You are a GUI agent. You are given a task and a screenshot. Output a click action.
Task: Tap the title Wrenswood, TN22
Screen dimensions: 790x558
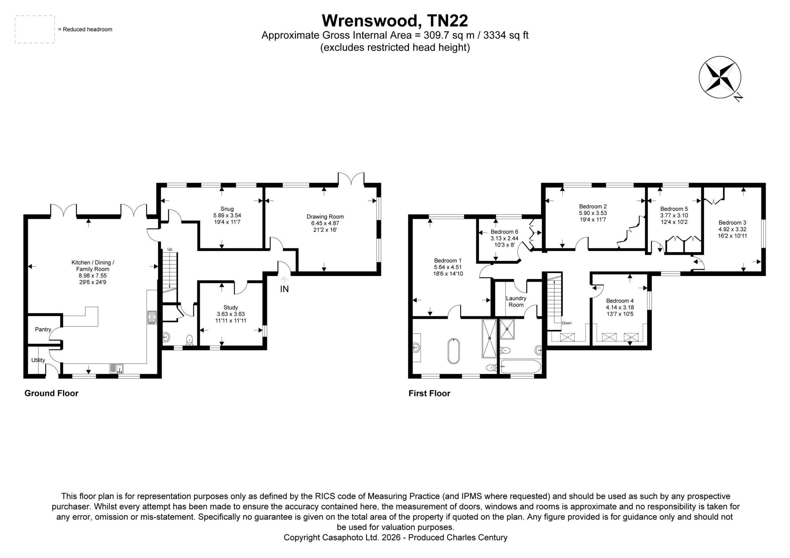395,21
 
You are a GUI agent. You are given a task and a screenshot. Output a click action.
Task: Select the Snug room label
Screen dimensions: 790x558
227,209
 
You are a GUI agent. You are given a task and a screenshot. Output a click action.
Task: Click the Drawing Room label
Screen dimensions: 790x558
325,217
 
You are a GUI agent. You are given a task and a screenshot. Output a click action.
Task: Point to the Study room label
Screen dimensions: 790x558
231,308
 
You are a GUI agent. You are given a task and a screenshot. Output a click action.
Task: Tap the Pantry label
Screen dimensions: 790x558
43,329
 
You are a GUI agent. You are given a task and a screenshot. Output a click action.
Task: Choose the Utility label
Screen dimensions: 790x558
38,360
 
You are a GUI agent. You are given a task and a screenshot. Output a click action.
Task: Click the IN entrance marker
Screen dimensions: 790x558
284,289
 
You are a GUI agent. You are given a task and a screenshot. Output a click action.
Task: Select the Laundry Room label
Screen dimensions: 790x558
516,301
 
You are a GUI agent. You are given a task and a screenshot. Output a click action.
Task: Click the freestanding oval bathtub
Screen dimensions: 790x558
454,351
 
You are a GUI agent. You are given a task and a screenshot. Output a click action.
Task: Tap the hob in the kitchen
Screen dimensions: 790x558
152,317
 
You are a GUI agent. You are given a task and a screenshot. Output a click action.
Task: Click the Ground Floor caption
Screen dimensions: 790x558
51,393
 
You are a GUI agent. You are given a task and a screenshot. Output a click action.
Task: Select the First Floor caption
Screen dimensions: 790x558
429,393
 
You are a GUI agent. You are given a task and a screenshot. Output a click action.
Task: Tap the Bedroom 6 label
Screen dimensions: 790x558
505,232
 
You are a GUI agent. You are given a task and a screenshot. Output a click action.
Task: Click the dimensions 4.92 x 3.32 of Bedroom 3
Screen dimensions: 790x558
732,229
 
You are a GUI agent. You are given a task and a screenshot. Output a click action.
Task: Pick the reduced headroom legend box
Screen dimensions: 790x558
35,29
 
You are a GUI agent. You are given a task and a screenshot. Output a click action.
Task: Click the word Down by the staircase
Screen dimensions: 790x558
567,323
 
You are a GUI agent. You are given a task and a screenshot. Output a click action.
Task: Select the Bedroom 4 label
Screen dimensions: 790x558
620,301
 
